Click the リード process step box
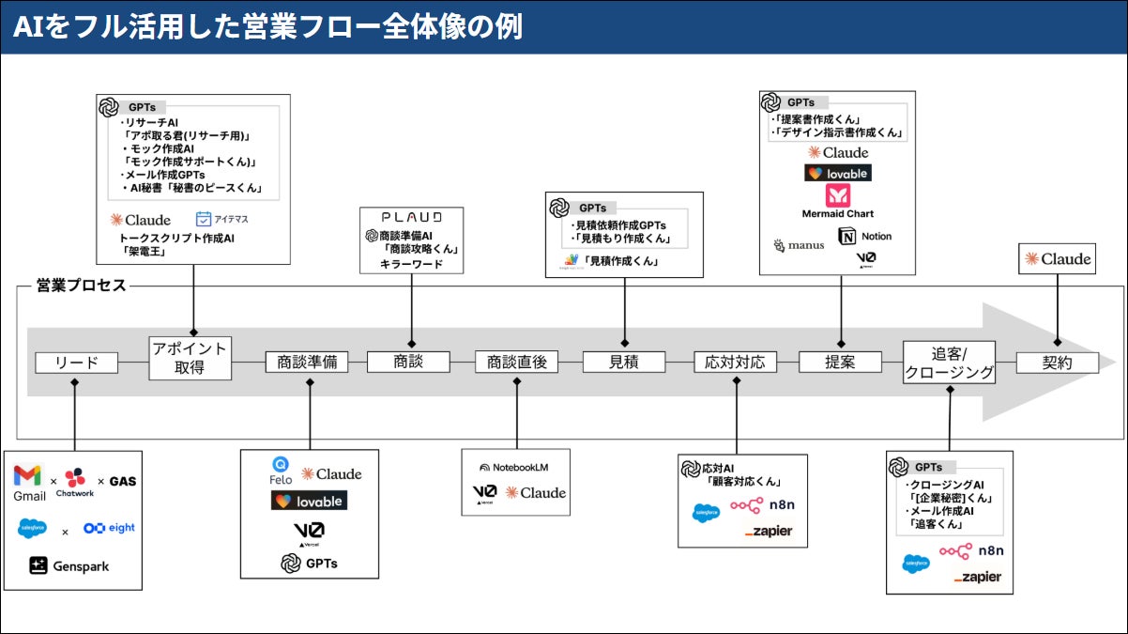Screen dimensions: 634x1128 [x=77, y=362]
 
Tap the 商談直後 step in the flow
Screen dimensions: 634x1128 [x=516, y=362]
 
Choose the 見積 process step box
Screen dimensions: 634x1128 [x=624, y=362]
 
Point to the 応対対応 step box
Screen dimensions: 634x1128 [x=736, y=362]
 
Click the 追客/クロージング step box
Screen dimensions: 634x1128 [x=949, y=362]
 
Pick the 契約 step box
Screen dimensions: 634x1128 [x=1058, y=362]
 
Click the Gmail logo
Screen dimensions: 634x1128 [x=29, y=480]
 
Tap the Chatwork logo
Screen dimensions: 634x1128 [x=74, y=481]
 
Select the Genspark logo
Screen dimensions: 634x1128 [x=69, y=565]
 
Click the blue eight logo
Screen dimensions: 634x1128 [x=108, y=528]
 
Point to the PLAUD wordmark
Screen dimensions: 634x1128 [x=412, y=217]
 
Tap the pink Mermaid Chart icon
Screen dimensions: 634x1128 [x=837, y=195]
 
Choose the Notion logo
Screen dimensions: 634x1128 [x=864, y=237]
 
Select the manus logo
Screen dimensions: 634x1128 [x=799, y=245]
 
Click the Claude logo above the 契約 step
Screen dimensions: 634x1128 [x=1058, y=259]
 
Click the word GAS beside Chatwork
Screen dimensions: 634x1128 [x=123, y=481]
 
